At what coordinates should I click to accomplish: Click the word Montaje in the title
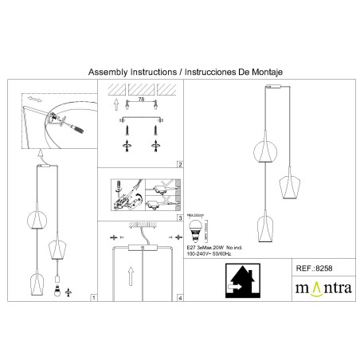click(x=265, y=72)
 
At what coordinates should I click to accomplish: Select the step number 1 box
click(x=93, y=299)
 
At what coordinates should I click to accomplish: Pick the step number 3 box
click(x=180, y=217)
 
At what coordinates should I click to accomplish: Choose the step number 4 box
click(x=180, y=299)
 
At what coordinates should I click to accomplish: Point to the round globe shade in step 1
click(x=35, y=221)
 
